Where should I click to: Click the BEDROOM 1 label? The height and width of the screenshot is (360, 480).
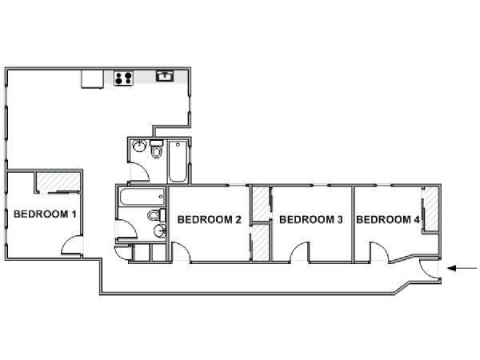(x=45, y=214)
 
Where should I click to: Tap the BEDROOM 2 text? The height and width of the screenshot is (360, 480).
(x=210, y=219)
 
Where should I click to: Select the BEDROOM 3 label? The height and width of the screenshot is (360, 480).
(x=311, y=219)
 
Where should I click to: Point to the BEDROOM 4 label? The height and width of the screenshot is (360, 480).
(x=388, y=219)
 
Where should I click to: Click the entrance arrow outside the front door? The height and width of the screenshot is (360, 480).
(x=462, y=269)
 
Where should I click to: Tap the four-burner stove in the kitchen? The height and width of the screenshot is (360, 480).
(x=124, y=78)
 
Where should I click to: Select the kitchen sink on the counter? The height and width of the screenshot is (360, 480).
(x=165, y=76)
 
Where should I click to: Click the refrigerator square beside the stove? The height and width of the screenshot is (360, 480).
(x=93, y=79)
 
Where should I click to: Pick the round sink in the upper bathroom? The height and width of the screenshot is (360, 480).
(x=139, y=146)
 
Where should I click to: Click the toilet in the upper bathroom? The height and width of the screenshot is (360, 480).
(x=157, y=149)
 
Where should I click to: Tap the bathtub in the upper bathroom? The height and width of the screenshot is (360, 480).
(x=178, y=162)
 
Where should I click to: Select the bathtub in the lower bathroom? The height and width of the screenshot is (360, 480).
(x=142, y=197)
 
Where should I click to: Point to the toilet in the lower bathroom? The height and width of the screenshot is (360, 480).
(x=157, y=215)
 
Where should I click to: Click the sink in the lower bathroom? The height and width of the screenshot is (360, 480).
(x=160, y=231)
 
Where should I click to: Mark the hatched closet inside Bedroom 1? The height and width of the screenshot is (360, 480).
(x=58, y=182)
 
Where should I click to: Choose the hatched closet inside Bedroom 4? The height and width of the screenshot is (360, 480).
(x=431, y=210)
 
